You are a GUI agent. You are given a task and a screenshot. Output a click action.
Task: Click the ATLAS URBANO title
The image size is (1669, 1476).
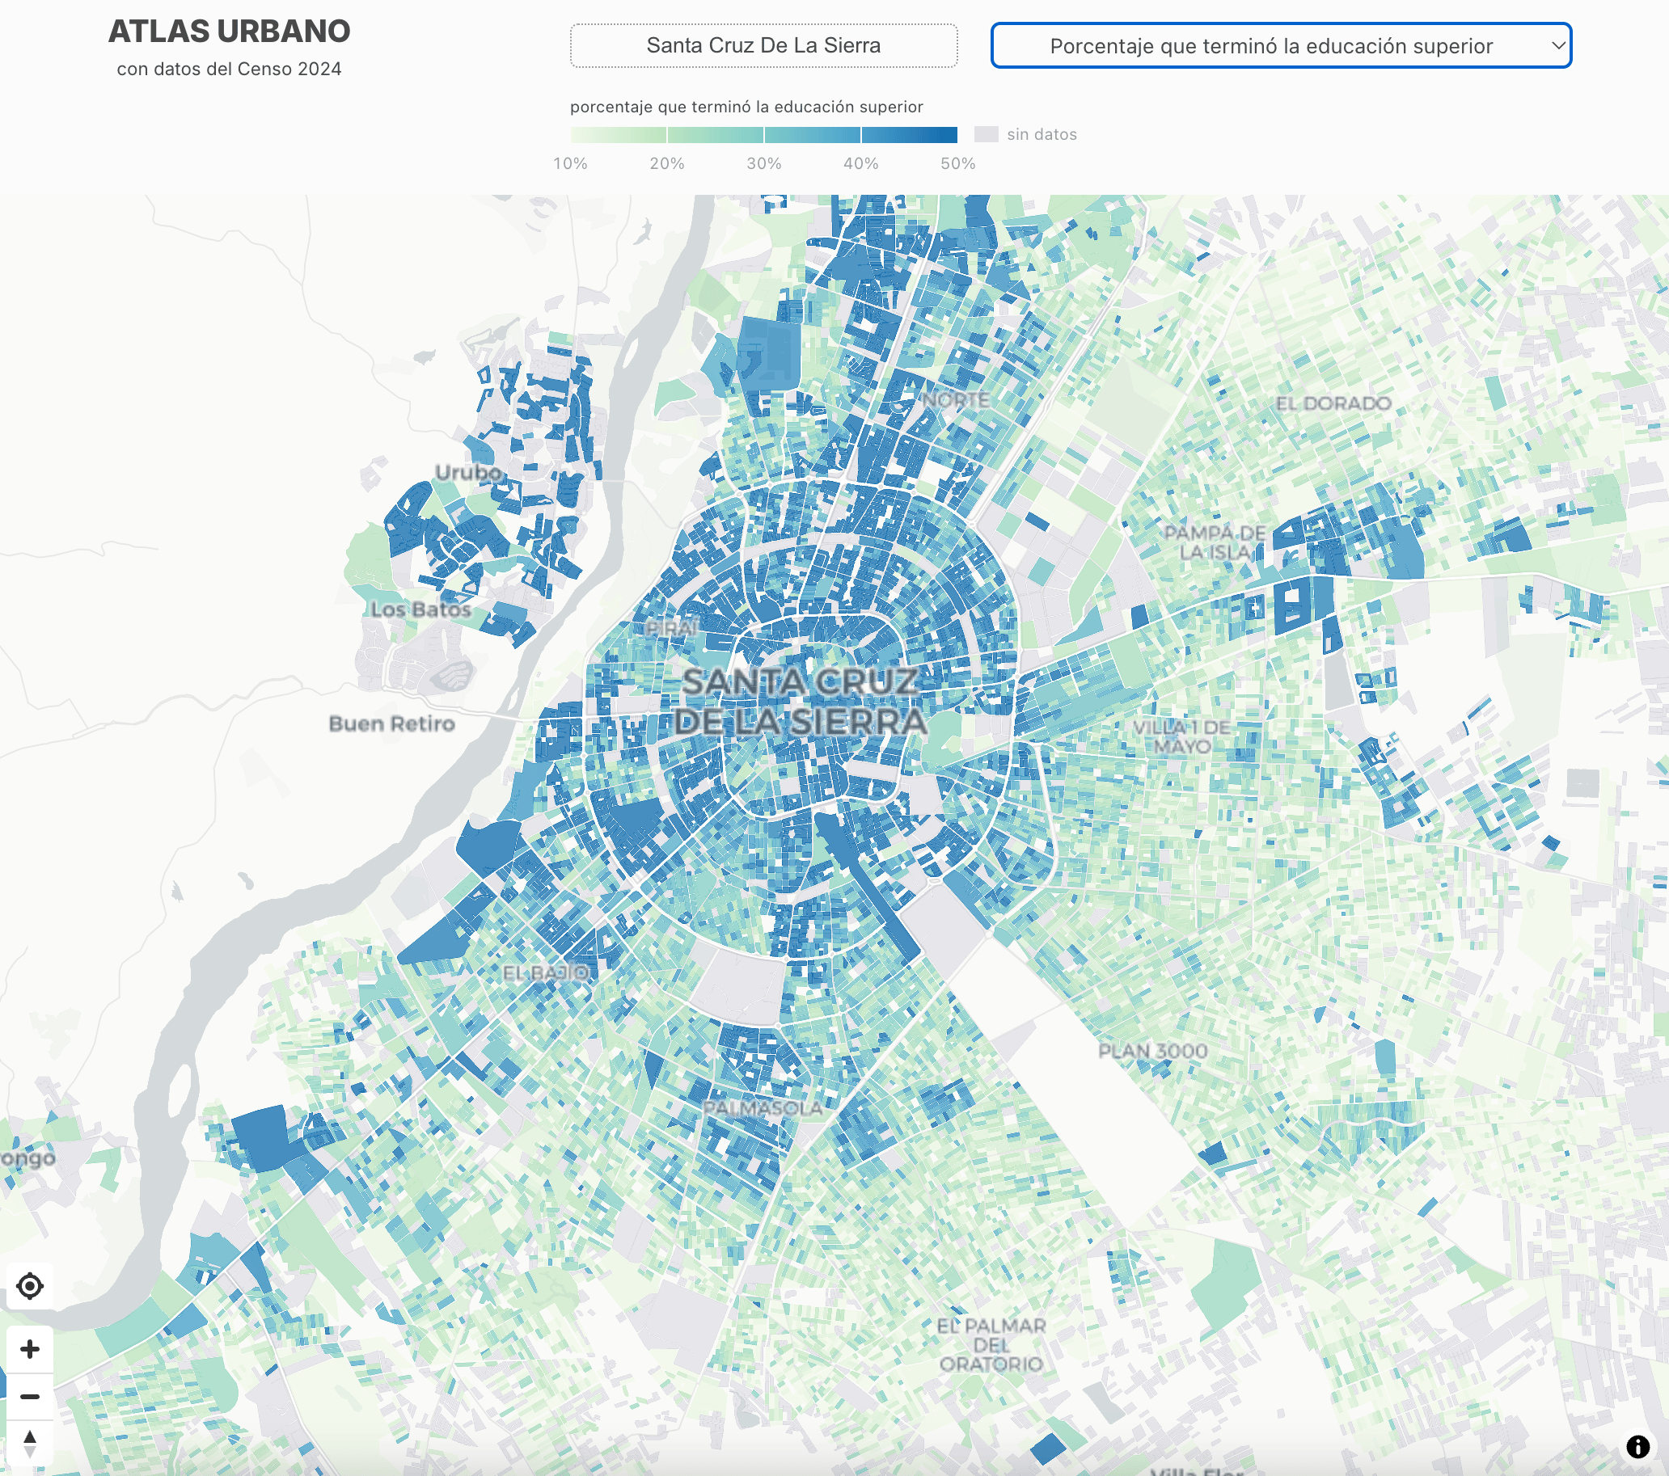coord(229,31)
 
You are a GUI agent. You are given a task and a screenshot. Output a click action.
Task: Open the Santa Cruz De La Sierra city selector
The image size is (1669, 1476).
coord(763,46)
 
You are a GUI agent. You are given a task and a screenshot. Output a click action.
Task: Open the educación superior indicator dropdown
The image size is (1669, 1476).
coord(1280,46)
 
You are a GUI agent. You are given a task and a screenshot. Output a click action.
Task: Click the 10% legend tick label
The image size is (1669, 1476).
coord(570,163)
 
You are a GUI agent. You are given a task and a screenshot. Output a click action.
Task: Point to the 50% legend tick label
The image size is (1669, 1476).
coord(957,163)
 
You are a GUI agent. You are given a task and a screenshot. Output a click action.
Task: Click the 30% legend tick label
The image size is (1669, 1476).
coord(763,163)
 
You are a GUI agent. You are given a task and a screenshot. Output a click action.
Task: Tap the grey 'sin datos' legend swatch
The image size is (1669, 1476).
coord(986,135)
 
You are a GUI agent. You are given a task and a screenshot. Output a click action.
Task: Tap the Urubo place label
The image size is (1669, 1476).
coord(469,473)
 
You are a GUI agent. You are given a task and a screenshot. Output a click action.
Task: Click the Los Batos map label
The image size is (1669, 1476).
coord(420,609)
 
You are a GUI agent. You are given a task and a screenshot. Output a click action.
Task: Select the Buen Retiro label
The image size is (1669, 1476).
coord(391,724)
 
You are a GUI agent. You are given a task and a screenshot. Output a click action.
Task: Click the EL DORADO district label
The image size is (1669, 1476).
coord(1333,403)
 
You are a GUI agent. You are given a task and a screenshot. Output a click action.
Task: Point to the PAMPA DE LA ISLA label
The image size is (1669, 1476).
coord(1215,543)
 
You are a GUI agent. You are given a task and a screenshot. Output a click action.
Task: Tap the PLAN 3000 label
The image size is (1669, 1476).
coord(1152,1052)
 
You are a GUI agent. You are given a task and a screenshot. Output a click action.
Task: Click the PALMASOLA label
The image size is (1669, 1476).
coord(763,1109)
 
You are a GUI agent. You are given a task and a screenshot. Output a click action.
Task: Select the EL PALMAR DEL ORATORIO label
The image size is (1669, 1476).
coord(991,1344)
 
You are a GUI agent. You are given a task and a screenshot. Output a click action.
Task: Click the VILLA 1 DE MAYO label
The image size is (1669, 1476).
coord(1181,737)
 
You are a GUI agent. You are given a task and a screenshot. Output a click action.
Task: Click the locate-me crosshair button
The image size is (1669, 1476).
coord(30,1287)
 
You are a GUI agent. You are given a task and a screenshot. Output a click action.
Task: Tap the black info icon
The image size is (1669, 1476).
coord(1637,1447)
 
